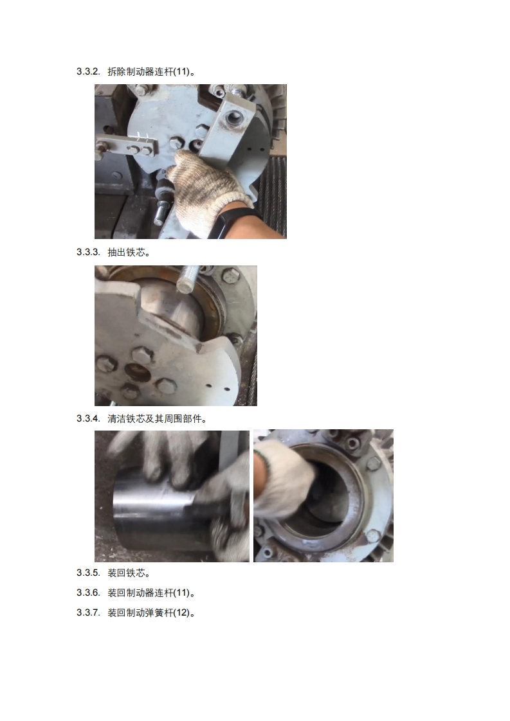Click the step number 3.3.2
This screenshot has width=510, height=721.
[x=88, y=72]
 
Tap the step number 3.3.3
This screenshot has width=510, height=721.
[x=88, y=253]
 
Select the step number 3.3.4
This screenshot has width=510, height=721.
[x=88, y=419]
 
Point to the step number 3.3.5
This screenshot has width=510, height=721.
[x=88, y=573]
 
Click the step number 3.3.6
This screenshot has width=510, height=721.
[x=88, y=592]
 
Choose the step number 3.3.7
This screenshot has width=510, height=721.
[x=88, y=613]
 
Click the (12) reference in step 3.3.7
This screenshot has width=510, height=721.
[x=181, y=613]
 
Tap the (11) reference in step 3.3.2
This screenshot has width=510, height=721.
[x=181, y=72]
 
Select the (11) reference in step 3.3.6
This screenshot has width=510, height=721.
[x=181, y=592]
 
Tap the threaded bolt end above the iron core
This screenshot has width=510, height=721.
[x=188, y=279]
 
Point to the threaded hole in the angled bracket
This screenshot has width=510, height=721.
[x=233, y=118]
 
